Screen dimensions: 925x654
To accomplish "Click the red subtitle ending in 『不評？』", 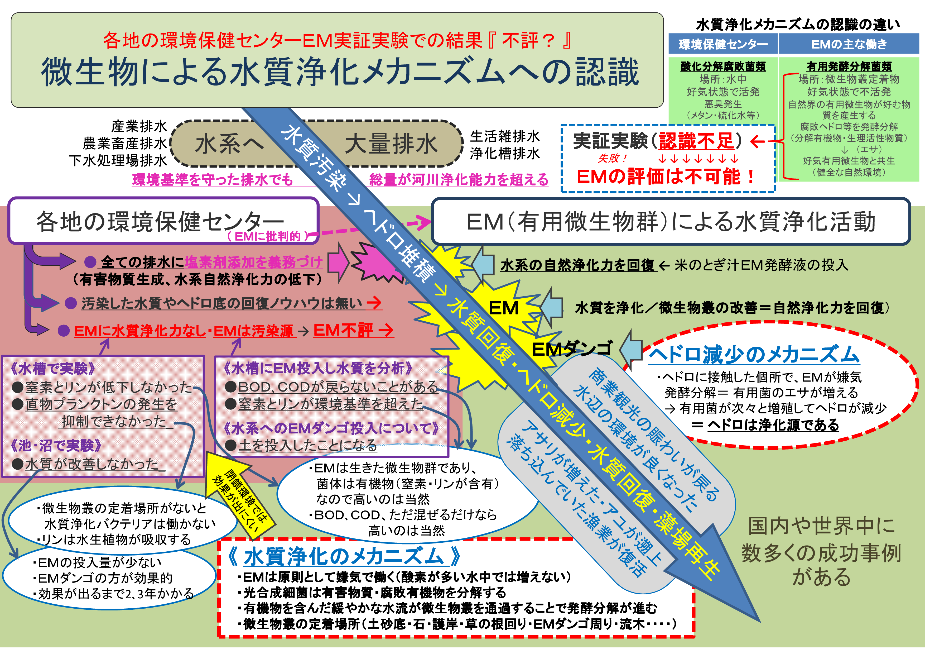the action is [337, 40].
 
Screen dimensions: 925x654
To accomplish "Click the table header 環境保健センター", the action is [723, 44].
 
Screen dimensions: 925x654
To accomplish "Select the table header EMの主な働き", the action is [849, 44].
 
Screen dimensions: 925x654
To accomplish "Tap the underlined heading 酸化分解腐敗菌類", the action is [723, 66].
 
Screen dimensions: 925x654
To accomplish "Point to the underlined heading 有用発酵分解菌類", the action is [849, 66].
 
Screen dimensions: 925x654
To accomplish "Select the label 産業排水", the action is [139, 126].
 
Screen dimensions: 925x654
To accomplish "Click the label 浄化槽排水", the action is [505, 154].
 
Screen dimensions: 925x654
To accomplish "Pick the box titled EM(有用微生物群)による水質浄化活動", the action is [671, 221].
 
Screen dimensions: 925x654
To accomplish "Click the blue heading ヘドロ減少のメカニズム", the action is [754, 355].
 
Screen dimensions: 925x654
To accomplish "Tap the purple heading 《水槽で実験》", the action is [53, 368].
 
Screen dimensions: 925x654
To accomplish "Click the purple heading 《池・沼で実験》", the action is [56, 445].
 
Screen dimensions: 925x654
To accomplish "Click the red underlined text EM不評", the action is [343, 330].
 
